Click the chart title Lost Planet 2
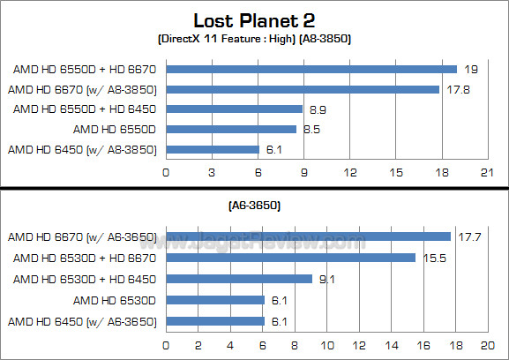pos(254,20)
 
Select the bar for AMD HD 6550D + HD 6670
pos(311,69)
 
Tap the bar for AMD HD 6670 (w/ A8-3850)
pos(303,89)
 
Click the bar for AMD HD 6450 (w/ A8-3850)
pos(213,150)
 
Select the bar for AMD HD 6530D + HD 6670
pos(290,258)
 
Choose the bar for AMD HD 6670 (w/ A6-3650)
pos(308,236)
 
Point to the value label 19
pos(471,69)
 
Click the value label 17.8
pos(456,89)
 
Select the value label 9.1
pos(326,279)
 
